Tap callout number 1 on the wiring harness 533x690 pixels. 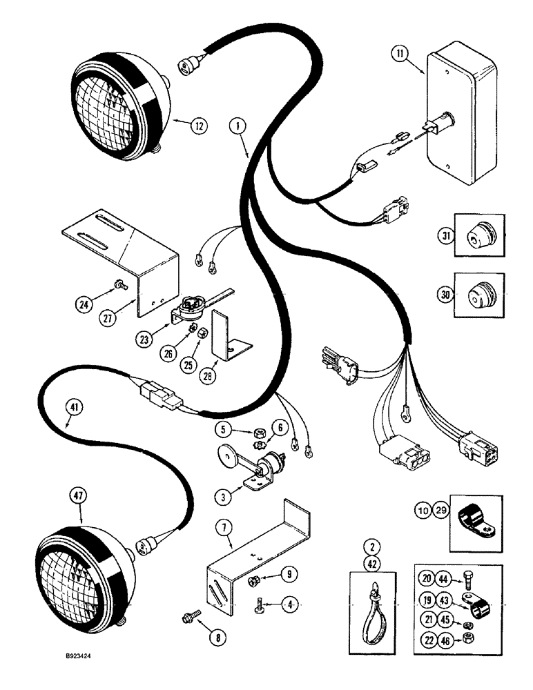click(x=238, y=126)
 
